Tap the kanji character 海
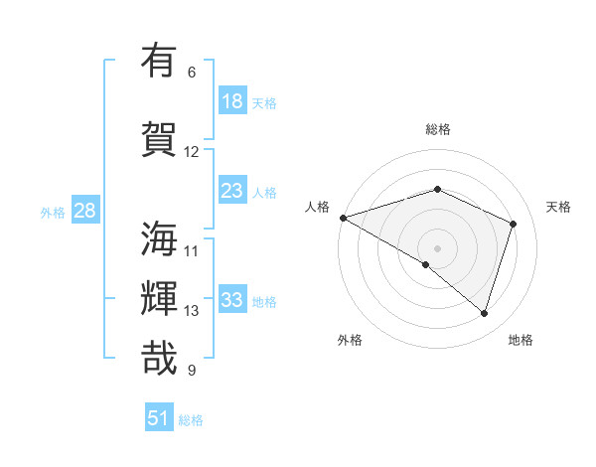tap(160, 239)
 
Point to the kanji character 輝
tap(160, 299)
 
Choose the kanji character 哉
tap(160, 359)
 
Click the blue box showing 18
tap(232, 101)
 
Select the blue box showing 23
tap(232, 191)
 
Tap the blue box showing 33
tap(232, 300)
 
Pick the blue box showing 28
tap(83, 211)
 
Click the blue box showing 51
tap(159, 418)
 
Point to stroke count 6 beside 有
tap(192, 73)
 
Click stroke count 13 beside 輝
tap(192, 311)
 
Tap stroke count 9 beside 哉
tap(192, 371)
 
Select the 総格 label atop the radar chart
tap(437, 129)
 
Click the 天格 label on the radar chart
tap(558, 207)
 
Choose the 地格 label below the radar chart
tap(521, 340)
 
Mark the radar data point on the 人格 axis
tap(343, 218)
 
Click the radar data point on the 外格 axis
tap(425, 264)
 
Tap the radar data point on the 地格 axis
tap(484, 313)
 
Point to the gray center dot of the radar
tap(437, 247)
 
